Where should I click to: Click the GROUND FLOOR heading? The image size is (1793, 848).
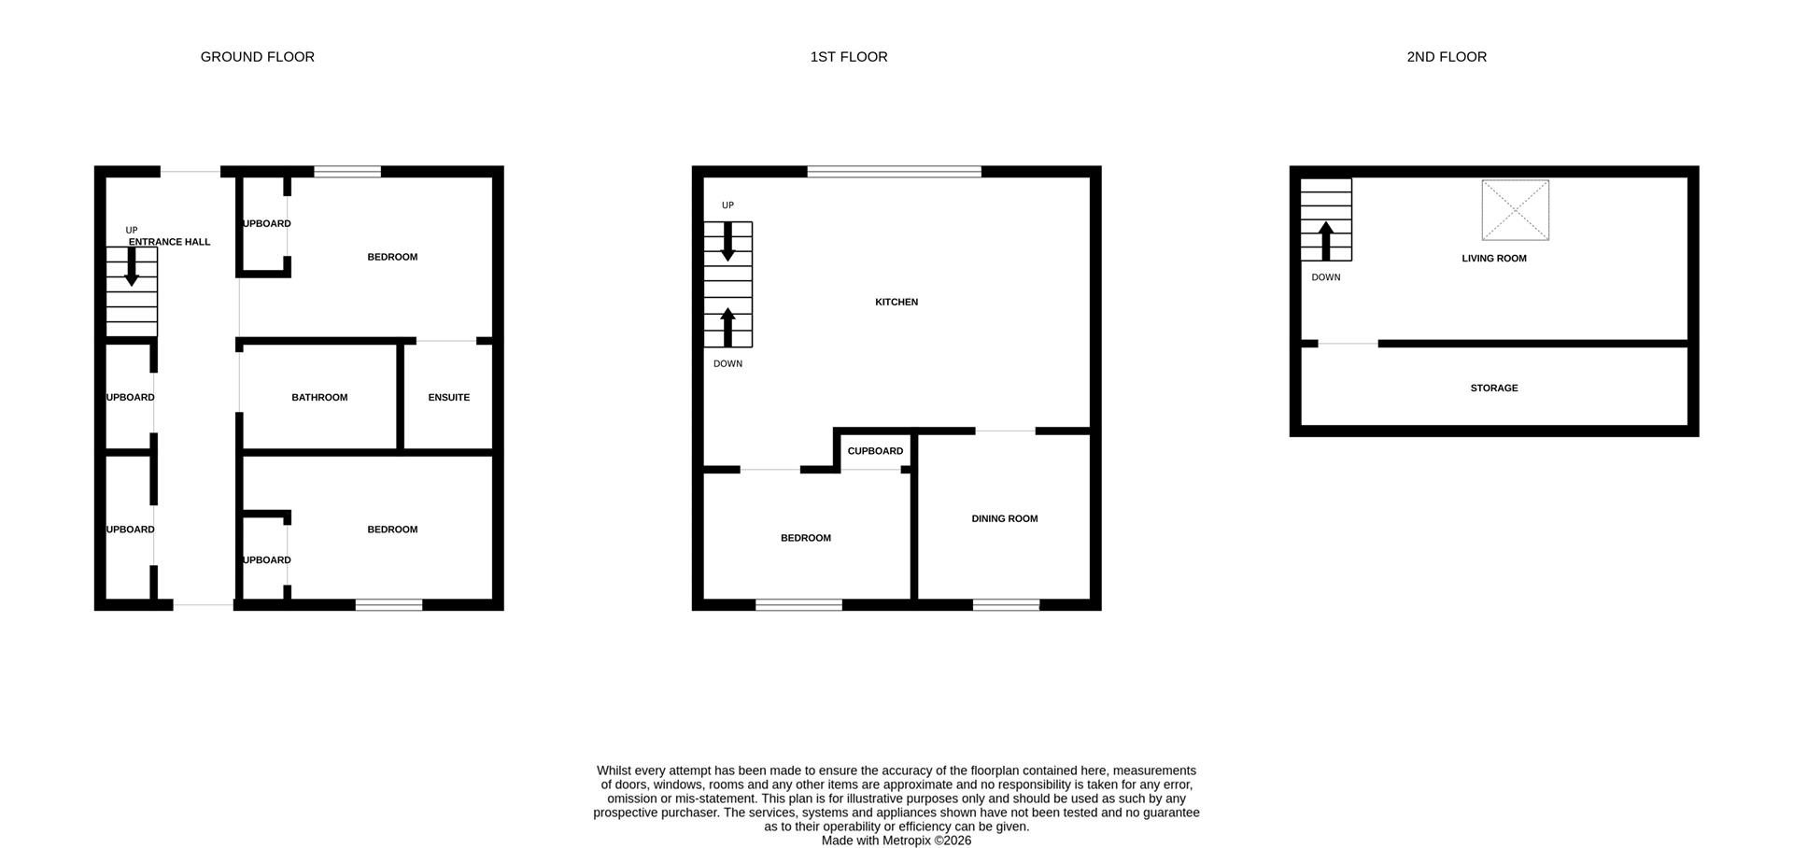tap(257, 57)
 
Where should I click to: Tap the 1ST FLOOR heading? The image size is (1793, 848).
tap(848, 57)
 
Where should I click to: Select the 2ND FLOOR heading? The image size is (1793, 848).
tap(1446, 57)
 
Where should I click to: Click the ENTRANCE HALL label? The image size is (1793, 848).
tap(169, 242)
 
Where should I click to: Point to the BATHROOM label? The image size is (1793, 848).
tap(319, 398)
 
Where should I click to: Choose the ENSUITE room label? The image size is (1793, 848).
tap(448, 398)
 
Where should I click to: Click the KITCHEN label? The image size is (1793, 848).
tap(896, 303)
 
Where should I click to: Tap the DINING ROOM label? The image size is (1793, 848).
tap(1004, 519)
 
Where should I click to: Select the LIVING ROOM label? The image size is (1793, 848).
tap(1493, 259)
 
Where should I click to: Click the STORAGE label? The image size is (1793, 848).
tap(1493, 389)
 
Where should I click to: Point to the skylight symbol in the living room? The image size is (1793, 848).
tap(1515, 210)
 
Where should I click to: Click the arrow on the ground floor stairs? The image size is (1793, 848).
tap(132, 267)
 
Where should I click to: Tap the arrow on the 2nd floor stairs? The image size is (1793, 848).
tap(1325, 241)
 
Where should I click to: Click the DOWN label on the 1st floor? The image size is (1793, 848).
tap(727, 364)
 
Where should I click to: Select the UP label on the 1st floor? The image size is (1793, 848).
tap(727, 205)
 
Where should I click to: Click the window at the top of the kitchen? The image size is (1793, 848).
tap(894, 172)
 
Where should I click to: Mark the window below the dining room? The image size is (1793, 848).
tap(1006, 605)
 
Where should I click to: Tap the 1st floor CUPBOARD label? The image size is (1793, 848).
tap(875, 452)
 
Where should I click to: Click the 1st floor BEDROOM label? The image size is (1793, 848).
tap(805, 538)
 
